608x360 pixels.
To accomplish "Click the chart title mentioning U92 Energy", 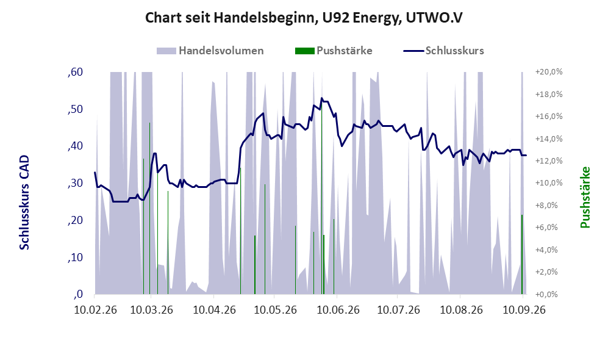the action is pyautogui.click(x=304, y=18).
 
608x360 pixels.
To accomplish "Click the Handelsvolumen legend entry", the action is pyautogui.click(x=210, y=51).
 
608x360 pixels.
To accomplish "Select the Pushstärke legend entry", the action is pyautogui.click(x=334, y=51).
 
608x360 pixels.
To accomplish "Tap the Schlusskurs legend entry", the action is pyautogui.click(x=443, y=51).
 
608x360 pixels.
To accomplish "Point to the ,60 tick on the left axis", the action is pyautogui.click(x=75, y=72).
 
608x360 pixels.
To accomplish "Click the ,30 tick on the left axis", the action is pyautogui.click(x=75, y=183).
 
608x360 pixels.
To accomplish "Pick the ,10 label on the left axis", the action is pyautogui.click(x=75, y=257).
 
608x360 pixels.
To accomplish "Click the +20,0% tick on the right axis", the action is pyautogui.click(x=549, y=72).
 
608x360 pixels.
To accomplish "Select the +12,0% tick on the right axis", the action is pyautogui.click(x=549, y=161).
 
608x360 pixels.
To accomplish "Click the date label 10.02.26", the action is pyautogui.click(x=95, y=310).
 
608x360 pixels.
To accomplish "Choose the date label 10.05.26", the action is pyautogui.click(x=275, y=310).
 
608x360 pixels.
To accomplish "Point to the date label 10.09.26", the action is pyautogui.click(x=524, y=310).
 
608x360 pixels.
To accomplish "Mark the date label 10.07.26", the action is pyautogui.click(x=399, y=310).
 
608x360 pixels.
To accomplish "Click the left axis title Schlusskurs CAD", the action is pyautogui.click(x=24, y=203).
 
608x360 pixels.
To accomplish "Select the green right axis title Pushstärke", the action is pyautogui.click(x=585, y=198).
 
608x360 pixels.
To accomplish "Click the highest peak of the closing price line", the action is pyautogui.click(x=321, y=98).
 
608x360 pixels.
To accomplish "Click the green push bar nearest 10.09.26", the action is pyautogui.click(x=522, y=254).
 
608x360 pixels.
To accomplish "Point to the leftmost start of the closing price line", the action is pyautogui.click(x=95, y=172).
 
